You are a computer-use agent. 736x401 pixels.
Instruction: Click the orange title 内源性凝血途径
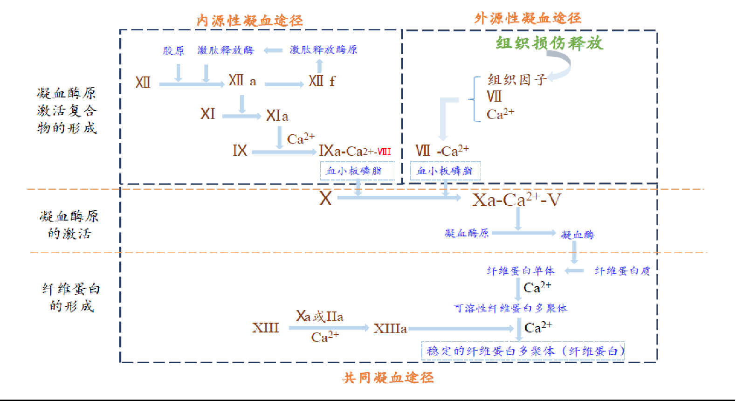tap(250, 21)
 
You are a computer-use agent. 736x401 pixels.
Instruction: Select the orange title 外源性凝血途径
tap(528, 19)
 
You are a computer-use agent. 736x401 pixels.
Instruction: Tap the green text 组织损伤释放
tap(549, 43)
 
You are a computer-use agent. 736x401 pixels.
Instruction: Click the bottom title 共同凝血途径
tap(388, 378)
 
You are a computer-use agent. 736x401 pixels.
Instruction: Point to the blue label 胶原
tap(173, 50)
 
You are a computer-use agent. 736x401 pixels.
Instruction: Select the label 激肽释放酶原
tap(323, 49)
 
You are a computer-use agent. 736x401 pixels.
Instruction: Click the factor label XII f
tap(322, 82)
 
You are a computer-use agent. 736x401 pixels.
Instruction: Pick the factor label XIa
tap(277, 116)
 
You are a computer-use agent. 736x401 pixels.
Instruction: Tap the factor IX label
tap(240, 151)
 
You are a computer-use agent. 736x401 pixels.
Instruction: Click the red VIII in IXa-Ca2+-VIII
tap(384, 152)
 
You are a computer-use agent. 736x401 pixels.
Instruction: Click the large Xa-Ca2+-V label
tap(516, 200)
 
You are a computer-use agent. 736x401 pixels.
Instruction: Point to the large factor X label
tap(325, 199)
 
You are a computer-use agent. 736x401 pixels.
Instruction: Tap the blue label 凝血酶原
tap(467, 233)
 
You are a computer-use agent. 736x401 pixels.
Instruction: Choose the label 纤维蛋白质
tap(622, 271)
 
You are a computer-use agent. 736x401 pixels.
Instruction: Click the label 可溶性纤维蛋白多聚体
tap(510, 308)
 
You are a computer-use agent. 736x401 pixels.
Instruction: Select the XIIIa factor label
tap(390, 329)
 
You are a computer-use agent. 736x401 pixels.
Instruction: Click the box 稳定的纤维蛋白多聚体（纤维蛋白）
tap(523, 351)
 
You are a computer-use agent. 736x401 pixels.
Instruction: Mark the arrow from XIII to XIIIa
tap(329, 328)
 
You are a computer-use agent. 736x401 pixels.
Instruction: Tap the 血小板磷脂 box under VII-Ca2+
tap(445, 171)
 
